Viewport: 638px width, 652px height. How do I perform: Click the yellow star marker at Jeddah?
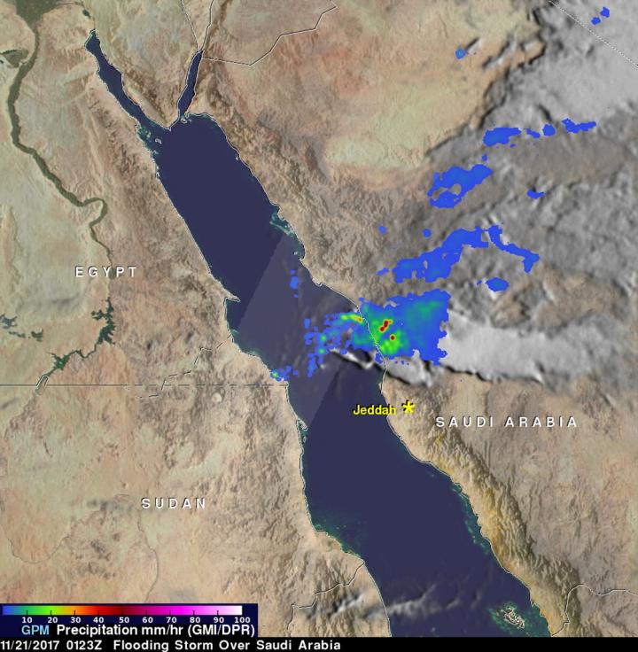tap(408, 407)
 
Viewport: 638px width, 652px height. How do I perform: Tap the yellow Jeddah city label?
tap(373, 409)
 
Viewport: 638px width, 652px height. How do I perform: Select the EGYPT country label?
tap(106, 273)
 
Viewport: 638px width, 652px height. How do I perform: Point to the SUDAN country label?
tap(175, 503)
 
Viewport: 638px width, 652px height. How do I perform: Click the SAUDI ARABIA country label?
tap(506, 423)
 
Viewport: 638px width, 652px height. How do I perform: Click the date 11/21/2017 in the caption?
tap(32, 645)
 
